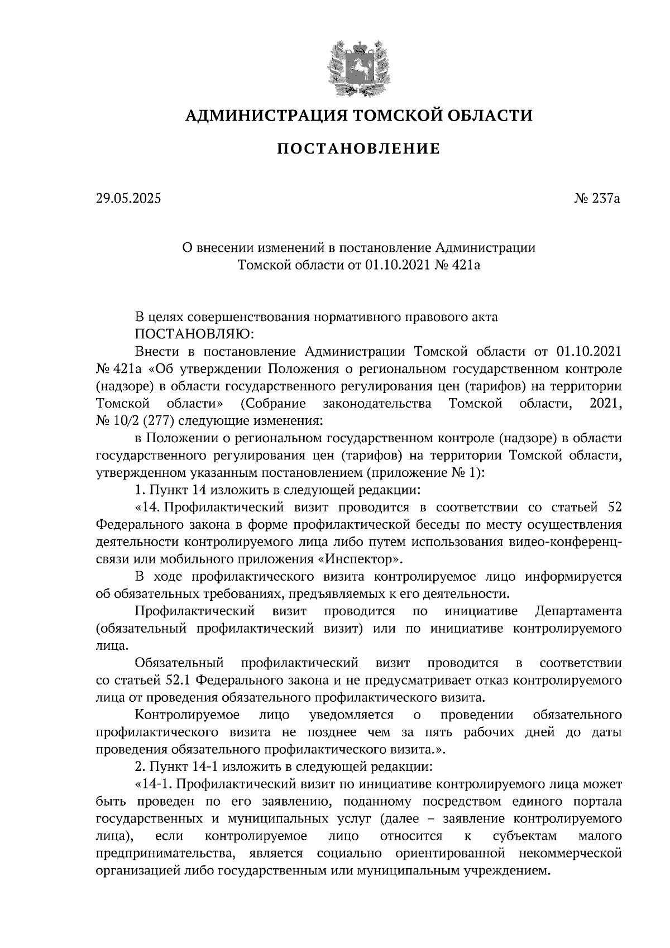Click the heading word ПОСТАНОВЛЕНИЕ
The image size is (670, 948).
point(358,149)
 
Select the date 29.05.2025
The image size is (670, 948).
point(128,198)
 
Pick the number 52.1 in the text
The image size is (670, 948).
point(179,681)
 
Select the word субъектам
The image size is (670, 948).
point(525,836)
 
